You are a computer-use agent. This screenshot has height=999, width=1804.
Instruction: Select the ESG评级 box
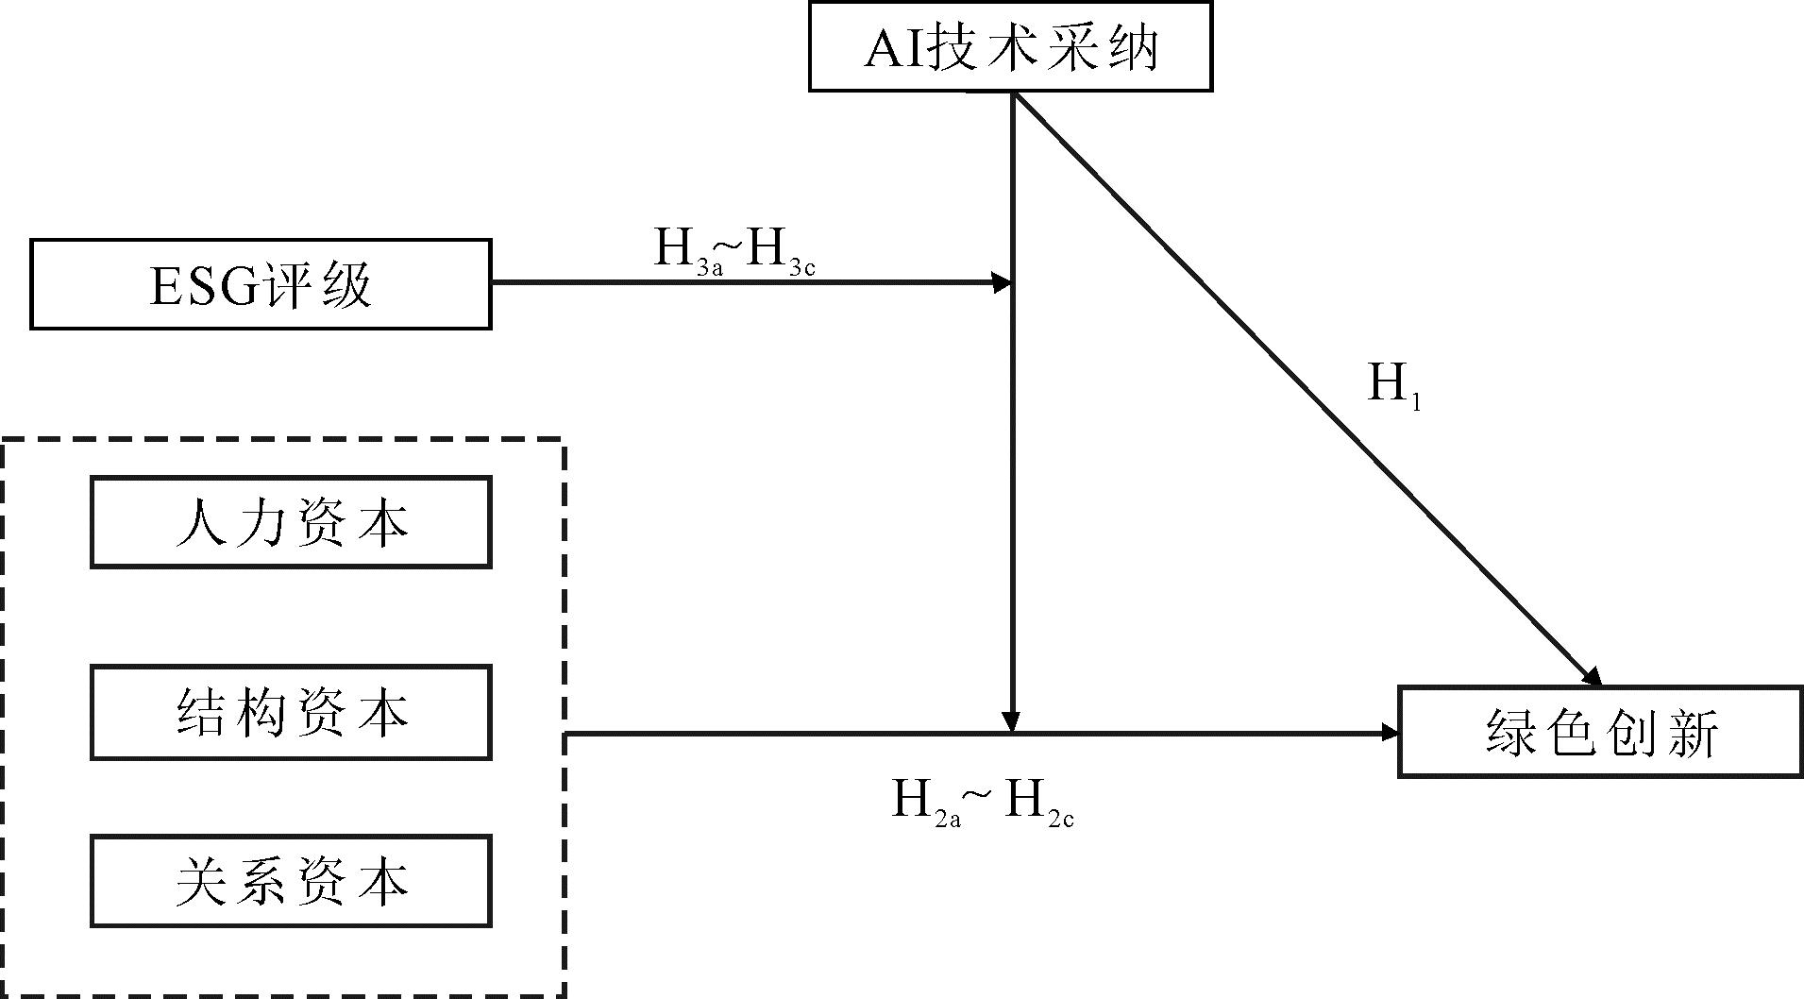[261, 284]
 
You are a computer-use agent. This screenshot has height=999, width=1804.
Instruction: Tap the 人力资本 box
[291, 522]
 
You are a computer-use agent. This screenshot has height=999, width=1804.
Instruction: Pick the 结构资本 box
[291, 713]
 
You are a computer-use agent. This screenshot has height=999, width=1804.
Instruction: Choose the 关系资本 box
[291, 881]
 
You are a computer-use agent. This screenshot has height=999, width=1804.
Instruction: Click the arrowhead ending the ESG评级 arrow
[1002, 282]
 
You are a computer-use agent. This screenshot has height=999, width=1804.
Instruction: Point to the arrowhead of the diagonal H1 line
[1593, 678]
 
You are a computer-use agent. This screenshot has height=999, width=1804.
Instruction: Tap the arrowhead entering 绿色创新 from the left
[1389, 733]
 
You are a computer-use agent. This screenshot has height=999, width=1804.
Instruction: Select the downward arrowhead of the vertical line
[1012, 722]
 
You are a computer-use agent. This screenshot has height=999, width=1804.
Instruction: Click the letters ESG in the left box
[203, 286]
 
